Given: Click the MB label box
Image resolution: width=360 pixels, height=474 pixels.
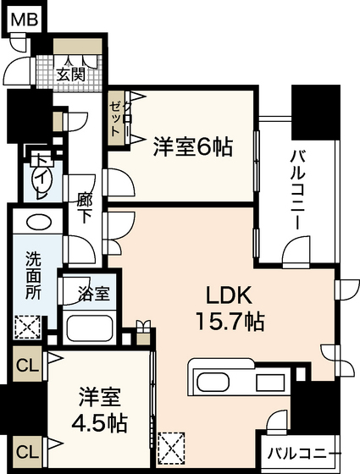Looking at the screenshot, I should (23, 18).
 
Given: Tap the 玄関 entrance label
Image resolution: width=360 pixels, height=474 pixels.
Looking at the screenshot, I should (71, 74).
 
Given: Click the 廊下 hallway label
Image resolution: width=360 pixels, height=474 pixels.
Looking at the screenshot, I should (85, 207).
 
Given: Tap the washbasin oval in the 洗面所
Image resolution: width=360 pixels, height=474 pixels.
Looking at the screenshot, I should (36, 223).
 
